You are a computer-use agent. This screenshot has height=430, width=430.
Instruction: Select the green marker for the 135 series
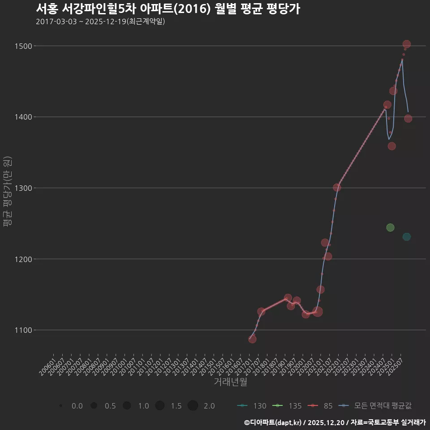390,228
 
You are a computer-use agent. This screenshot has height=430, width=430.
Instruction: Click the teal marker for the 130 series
406,237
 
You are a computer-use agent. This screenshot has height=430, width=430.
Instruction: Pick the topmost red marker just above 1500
407,44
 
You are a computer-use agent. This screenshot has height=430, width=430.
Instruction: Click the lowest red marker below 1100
252,339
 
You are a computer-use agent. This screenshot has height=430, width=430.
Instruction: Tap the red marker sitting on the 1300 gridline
337,188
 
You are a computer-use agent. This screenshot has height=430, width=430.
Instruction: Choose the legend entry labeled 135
288,406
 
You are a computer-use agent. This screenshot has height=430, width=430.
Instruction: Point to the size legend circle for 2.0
193,406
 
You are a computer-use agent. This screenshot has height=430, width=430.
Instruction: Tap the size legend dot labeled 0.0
60,406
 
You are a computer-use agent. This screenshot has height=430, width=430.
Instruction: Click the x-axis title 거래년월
230,382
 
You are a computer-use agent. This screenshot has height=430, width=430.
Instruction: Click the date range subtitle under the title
100,21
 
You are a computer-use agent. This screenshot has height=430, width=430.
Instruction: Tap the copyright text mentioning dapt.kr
334,422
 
